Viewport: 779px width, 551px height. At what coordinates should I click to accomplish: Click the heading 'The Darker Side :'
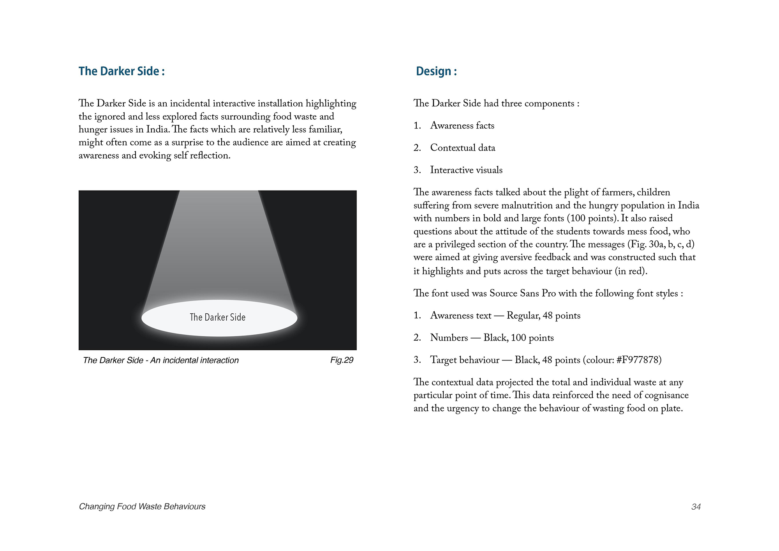122,71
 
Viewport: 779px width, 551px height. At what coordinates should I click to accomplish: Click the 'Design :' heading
436,71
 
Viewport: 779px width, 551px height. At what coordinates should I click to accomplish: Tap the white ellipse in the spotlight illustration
219,318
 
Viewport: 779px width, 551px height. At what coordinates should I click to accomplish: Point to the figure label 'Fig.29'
342,360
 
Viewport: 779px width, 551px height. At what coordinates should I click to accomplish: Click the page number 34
696,507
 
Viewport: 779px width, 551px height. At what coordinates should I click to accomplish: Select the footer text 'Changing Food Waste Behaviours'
142,507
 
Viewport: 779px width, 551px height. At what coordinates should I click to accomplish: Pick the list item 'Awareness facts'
462,125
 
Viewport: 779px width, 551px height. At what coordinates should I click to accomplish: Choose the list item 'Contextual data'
463,148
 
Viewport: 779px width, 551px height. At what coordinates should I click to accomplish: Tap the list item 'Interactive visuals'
466,170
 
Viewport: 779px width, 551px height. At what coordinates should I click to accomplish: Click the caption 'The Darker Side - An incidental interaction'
160,360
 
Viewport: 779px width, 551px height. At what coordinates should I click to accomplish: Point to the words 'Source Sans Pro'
522,293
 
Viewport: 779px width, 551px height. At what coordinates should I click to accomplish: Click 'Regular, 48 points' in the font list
543,316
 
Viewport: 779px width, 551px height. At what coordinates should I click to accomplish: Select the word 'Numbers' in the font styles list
449,338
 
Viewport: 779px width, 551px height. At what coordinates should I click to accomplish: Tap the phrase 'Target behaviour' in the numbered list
465,360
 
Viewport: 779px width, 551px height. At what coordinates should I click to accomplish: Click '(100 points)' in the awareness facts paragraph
592,218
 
